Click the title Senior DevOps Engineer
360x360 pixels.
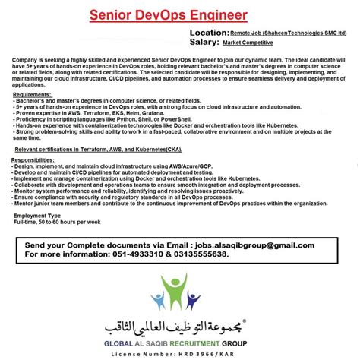pos(178,15)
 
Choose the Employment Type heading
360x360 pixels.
pos(38,216)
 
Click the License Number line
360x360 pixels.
pos(180,354)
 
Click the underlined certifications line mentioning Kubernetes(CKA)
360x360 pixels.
pos(103,150)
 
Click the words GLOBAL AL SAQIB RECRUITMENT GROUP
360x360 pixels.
pos(180,342)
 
